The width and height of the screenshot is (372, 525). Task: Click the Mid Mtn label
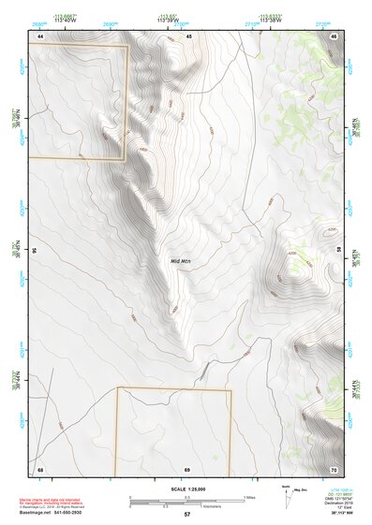click(181, 261)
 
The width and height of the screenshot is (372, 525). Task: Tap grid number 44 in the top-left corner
click(39, 36)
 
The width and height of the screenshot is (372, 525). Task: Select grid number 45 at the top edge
click(188, 36)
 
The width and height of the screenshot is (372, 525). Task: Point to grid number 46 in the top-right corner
click(335, 36)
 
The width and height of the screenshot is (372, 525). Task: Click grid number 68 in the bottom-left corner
click(39, 468)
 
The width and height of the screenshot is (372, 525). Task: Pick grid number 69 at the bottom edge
click(187, 468)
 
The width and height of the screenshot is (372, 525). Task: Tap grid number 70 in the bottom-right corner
click(335, 468)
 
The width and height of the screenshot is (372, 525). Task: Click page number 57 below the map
click(186, 515)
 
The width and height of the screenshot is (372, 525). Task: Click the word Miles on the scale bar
click(249, 497)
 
